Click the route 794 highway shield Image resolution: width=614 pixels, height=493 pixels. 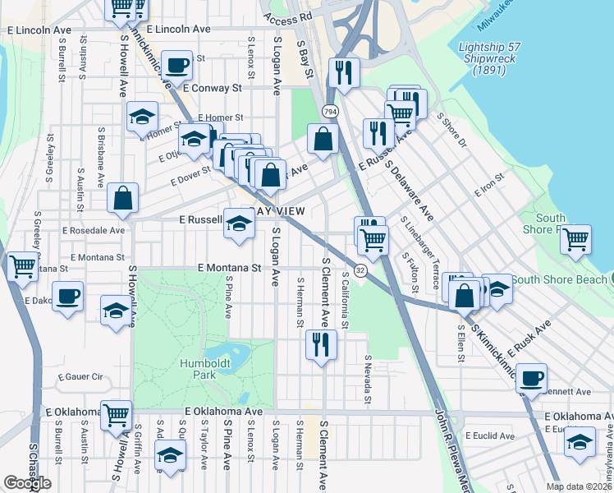[330, 110]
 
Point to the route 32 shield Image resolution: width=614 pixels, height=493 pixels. [360, 270]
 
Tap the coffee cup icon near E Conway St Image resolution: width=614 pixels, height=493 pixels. [176, 64]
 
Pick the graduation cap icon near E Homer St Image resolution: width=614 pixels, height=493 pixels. [142, 117]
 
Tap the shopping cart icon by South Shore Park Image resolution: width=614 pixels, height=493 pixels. [576, 239]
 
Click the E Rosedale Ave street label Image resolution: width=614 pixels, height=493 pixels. [90, 231]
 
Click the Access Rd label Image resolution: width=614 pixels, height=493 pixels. [288, 16]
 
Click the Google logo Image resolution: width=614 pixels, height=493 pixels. [27, 483]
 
